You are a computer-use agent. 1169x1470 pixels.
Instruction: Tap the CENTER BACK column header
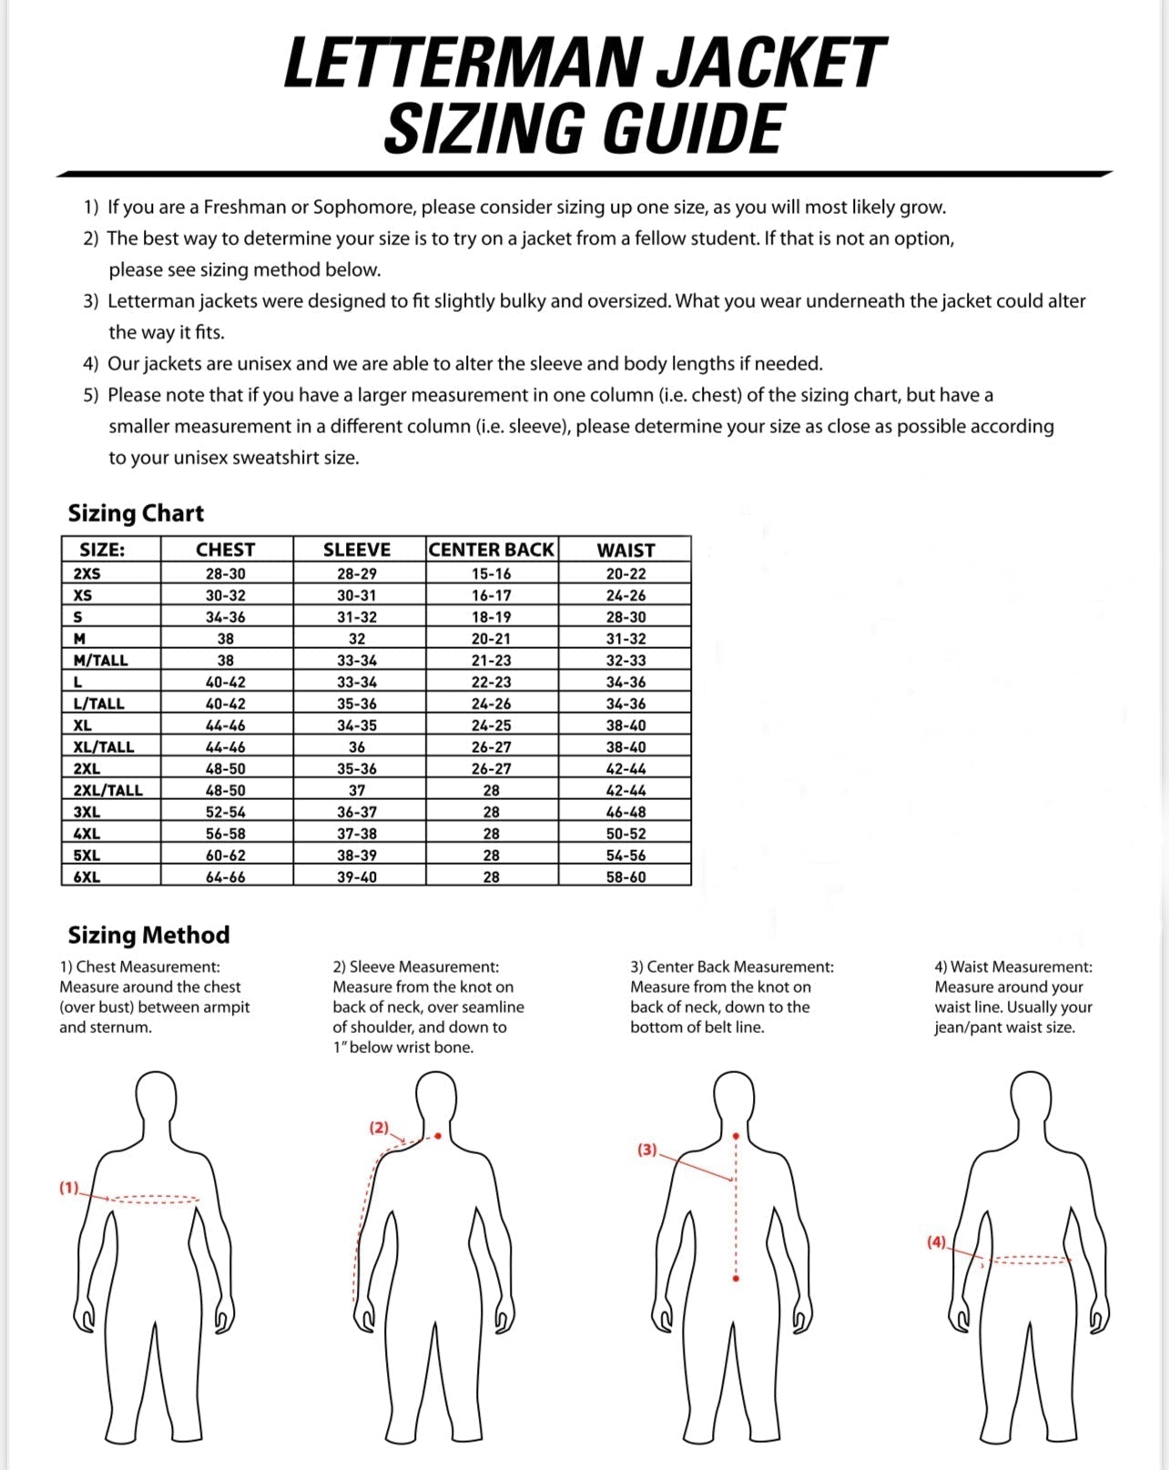[491, 550]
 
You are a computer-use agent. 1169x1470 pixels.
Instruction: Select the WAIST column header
[625, 550]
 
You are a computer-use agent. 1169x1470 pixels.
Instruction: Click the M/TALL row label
[101, 660]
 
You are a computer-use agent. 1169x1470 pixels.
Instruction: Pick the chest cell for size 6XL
[226, 877]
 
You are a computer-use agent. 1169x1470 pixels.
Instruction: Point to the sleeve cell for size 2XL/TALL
[357, 790]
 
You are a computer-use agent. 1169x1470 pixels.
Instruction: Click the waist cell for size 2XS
[625, 573]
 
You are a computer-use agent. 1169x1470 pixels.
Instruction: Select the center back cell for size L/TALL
[491, 704]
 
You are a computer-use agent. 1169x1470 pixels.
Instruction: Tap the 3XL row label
[87, 812]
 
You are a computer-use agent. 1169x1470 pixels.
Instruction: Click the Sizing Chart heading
[136, 513]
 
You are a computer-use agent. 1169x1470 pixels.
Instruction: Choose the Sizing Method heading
[148, 935]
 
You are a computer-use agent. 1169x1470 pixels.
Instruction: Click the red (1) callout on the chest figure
[69, 1188]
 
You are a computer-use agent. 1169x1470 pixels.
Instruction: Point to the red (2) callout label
[379, 1128]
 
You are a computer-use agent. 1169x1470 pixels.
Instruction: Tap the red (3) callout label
[646, 1150]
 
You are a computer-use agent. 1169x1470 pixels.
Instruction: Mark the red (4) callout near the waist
[936, 1242]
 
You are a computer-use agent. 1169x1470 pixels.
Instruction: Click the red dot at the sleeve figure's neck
[438, 1136]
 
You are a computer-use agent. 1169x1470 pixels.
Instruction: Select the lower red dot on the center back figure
[736, 1279]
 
